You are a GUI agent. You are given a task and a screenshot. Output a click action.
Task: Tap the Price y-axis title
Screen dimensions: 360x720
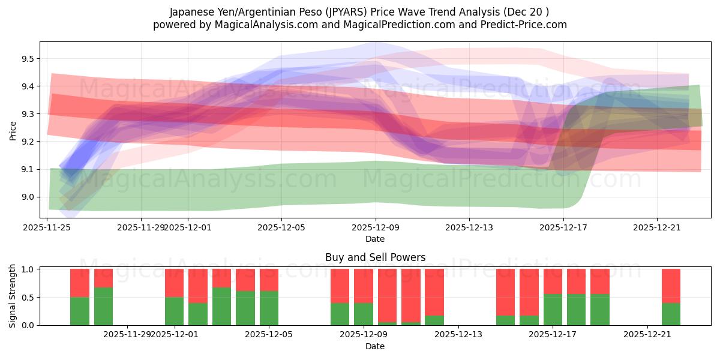[x=13, y=130]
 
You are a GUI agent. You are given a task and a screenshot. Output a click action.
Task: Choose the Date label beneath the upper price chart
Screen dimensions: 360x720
[x=375, y=239]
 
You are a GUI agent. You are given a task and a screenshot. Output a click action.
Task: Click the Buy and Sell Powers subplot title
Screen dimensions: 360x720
[x=375, y=257]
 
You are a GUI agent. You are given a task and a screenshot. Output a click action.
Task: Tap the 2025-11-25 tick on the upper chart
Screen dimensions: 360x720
[x=47, y=227]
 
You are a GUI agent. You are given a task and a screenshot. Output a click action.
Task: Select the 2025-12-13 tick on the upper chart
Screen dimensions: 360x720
[x=469, y=227]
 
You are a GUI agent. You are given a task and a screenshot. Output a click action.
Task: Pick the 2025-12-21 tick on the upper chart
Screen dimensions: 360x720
[x=656, y=227]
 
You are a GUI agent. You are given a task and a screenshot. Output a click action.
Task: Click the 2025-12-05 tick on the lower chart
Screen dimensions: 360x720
[x=268, y=334]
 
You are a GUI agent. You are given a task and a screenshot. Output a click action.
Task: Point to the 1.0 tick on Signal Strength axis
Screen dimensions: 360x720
[x=29, y=269]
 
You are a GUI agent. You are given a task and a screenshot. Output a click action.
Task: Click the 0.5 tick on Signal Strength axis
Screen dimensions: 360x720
[x=29, y=297]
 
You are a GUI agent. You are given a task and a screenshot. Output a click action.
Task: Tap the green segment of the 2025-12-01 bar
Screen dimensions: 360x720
[x=174, y=311]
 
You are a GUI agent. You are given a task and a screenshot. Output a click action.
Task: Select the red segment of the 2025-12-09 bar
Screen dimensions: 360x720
[x=363, y=286]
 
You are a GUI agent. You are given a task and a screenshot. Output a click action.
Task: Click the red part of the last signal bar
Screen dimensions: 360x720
[x=671, y=286]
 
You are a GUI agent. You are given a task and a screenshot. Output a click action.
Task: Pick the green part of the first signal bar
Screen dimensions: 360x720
[x=80, y=311]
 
